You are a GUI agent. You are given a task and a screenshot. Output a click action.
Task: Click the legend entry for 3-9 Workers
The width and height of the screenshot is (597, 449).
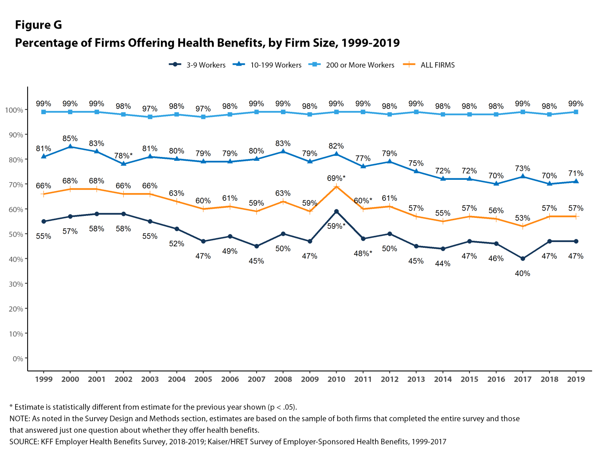click(x=197, y=65)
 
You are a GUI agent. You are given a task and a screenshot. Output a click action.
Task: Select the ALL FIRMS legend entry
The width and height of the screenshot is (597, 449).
click(x=429, y=65)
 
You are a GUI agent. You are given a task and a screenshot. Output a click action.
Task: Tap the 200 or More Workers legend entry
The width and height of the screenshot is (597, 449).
click(x=351, y=65)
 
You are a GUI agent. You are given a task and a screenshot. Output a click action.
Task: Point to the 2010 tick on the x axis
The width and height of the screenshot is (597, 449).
click(x=336, y=379)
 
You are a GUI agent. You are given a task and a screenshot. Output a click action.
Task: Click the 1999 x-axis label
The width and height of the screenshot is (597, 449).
click(x=44, y=379)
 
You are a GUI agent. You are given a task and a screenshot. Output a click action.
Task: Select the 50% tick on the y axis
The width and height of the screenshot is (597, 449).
click(x=14, y=234)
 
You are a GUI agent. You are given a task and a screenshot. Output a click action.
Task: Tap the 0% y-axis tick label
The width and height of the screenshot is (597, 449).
click(x=17, y=359)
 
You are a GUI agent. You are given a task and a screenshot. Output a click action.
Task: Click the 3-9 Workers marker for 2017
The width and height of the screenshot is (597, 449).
click(x=522, y=259)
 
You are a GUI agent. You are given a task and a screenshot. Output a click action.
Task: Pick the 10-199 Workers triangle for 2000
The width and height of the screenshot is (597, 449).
click(x=70, y=147)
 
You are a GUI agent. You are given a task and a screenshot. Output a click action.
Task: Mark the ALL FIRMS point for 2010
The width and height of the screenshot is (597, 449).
click(x=337, y=187)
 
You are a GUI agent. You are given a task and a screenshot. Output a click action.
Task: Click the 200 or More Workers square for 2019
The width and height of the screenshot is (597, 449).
click(x=576, y=112)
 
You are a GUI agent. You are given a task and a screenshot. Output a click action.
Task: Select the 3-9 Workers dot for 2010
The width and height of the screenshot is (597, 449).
click(x=337, y=212)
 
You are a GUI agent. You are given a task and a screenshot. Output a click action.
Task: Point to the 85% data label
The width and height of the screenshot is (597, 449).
click(x=70, y=138)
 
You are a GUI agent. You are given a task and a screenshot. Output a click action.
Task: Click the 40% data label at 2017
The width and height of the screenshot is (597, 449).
click(x=522, y=273)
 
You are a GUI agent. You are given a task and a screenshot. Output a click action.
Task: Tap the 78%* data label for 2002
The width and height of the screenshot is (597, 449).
click(x=123, y=156)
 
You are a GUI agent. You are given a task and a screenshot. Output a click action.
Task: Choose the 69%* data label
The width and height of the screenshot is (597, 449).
click(x=336, y=178)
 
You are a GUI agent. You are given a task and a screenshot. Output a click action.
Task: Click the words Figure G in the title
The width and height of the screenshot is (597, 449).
click(x=38, y=25)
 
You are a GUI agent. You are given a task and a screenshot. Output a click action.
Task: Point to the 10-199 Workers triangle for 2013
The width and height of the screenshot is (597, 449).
click(x=416, y=171)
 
